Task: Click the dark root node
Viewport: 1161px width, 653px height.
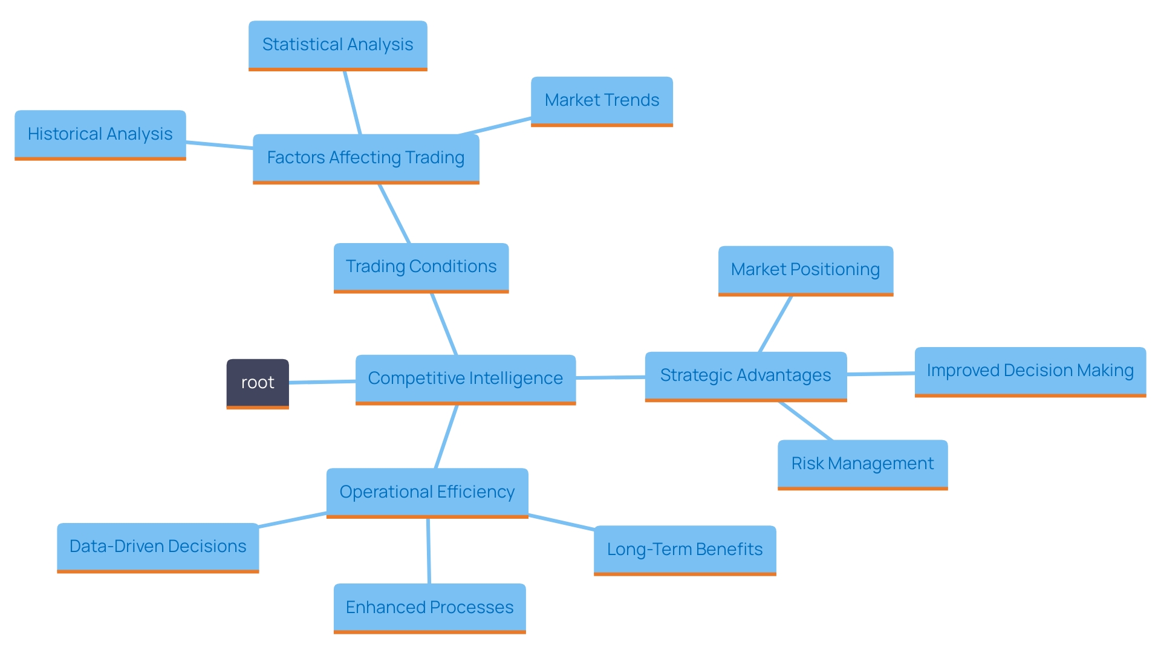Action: tap(258, 383)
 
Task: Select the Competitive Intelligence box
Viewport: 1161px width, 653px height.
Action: tap(465, 378)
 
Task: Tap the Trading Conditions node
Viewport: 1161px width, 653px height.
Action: tap(421, 267)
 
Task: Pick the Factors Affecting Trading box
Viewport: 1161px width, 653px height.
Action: tap(366, 158)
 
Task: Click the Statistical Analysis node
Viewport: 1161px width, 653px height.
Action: tap(337, 45)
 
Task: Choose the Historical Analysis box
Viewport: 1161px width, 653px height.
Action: tap(100, 134)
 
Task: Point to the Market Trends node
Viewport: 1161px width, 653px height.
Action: tap(602, 100)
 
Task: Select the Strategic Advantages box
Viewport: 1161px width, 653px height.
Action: tap(746, 375)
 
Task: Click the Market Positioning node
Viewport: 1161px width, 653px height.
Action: tap(805, 270)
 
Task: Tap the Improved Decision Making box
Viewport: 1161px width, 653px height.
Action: tap(1030, 371)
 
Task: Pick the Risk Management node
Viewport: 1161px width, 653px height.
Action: tap(862, 464)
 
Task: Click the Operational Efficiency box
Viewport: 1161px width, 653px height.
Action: tap(427, 492)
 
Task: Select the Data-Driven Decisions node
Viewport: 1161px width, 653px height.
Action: tap(158, 547)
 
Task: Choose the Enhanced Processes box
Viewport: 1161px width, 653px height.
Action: tap(429, 608)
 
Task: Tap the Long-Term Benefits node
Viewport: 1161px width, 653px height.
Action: tap(685, 550)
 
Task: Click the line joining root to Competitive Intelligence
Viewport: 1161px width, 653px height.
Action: tap(322, 382)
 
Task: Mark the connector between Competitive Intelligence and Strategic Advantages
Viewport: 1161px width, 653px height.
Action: tap(610, 377)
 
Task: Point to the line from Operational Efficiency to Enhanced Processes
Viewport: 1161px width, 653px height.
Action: tap(429, 550)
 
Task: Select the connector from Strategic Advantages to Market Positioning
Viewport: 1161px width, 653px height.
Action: tap(775, 324)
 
